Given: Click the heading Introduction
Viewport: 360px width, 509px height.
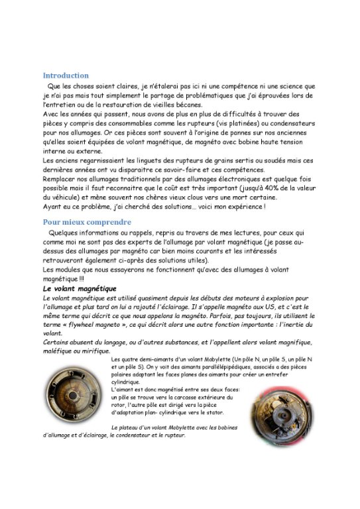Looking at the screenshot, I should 66,76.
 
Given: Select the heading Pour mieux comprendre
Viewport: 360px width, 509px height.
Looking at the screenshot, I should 87,222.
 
